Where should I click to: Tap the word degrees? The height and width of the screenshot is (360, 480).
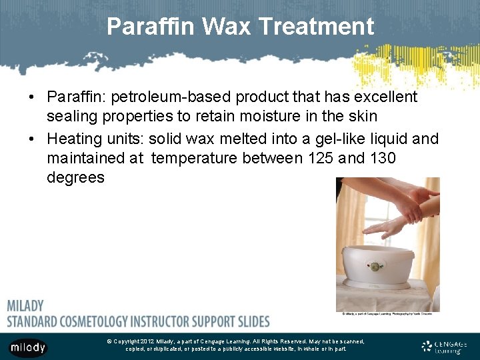click(75, 177)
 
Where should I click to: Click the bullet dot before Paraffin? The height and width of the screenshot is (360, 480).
click(32, 97)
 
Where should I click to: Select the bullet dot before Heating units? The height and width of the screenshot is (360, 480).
click(32, 139)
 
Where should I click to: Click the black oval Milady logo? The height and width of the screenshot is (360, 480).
click(28, 347)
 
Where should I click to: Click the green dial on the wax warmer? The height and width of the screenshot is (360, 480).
click(375, 267)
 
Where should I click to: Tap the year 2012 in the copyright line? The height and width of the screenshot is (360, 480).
click(147, 341)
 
